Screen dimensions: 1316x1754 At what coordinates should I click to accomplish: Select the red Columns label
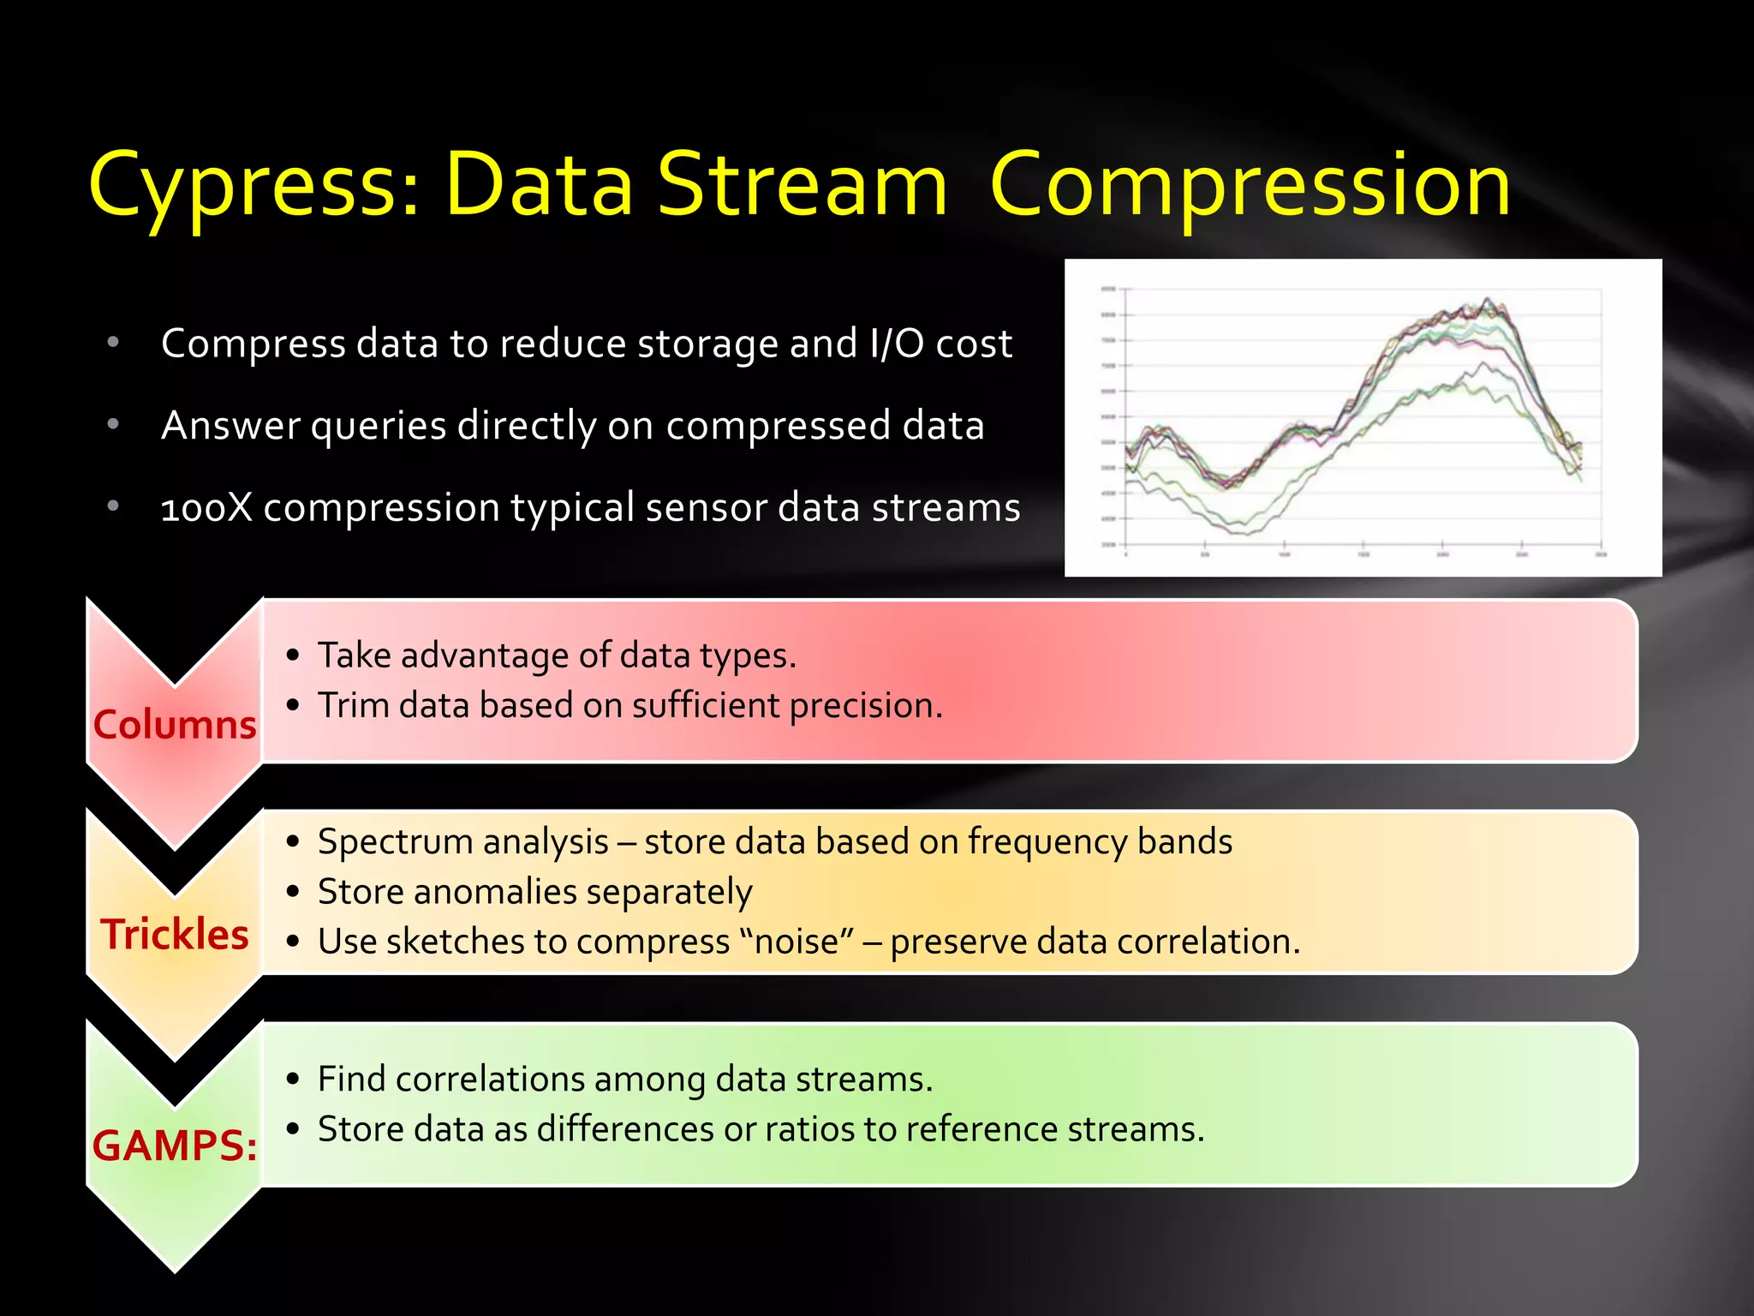(x=175, y=725)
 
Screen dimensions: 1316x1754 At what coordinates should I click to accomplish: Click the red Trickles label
(x=175, y=934)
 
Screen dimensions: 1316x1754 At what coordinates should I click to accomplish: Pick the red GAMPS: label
(x=175, y=1146)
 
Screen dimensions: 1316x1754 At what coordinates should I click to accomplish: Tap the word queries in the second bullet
(x=379, y=426)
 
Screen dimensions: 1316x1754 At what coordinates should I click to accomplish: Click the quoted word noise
(x=796, y=942)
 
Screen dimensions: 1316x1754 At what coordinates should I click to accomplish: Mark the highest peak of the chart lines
(x=1488, y=300)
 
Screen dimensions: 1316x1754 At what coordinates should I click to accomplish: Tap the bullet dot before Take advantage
(x=294, y=656)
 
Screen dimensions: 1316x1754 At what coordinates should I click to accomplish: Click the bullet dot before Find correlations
(x=294, y=1080)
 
